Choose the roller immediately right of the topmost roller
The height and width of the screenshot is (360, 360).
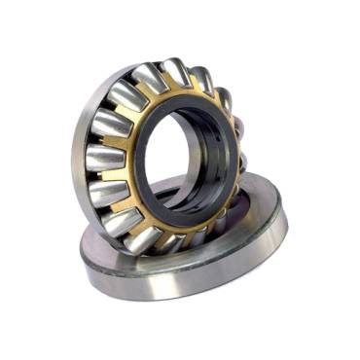pyautogui.click(x=202, y=82)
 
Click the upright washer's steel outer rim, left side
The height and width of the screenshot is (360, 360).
pyautogui.click(x=79, y=156)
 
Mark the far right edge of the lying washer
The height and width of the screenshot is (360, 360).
pyautogui.click(x=284, y=219)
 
